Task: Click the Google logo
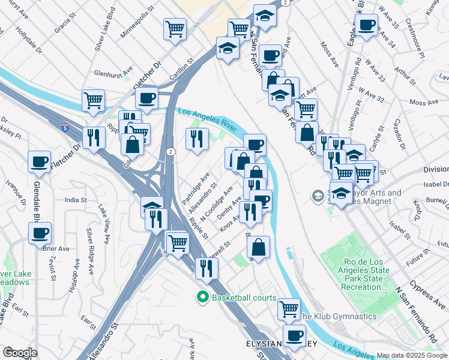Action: point(20,353)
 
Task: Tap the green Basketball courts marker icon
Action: point(202,297)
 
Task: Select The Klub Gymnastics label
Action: point(338,316)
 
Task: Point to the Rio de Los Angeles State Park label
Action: point(367,275)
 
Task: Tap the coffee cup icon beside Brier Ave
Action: point(40,233)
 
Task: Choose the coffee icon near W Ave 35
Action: point(366,25)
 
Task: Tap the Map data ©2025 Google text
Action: point(412,355)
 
